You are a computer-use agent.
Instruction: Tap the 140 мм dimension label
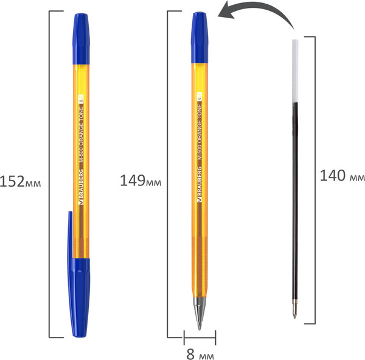pos(342,176)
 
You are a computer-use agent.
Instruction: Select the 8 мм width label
pos(200,353)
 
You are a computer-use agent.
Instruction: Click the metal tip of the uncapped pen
pos(199,313)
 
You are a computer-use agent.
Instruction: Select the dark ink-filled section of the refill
pos(296,201)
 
